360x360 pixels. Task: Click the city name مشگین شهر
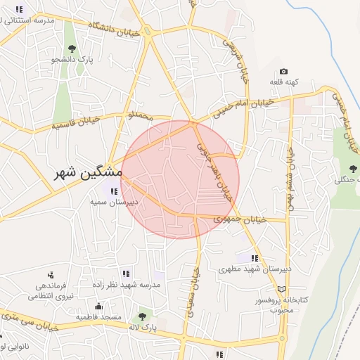click(88, 172)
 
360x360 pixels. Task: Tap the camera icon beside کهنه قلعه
click(283, 72)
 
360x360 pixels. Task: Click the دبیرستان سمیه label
click(114, 201)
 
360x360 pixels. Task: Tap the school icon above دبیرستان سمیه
click(114, 190)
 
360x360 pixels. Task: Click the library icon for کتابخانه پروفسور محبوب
click(282, 289)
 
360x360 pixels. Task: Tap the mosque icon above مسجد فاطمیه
click(99, 307)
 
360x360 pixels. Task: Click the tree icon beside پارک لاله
click(143, 318)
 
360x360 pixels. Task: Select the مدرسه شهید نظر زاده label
click(126, 285)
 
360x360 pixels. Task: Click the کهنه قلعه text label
click(284, 82)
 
